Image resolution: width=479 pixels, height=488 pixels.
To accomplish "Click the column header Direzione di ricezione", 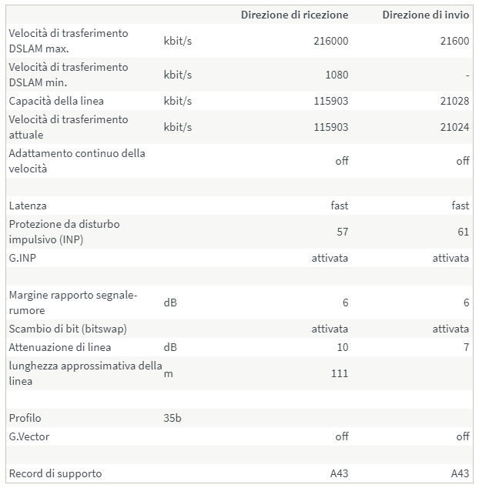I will (294, 15).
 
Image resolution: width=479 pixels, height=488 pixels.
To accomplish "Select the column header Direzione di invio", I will (425, 15).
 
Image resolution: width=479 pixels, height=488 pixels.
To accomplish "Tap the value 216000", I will (331, 41).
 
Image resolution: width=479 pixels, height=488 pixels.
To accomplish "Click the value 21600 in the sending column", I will (454, 41).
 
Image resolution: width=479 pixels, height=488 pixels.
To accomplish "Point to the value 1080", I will (337, 75).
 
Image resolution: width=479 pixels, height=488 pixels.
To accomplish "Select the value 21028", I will (454, 101).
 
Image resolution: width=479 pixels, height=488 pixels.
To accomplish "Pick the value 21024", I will (454, 127).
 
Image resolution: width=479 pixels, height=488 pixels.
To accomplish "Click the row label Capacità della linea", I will (56, 101).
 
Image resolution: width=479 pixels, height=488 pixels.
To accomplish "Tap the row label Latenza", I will (28, 206).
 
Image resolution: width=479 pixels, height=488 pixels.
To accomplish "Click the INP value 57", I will (342, 232).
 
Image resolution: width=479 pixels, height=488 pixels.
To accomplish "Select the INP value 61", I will (463, 232).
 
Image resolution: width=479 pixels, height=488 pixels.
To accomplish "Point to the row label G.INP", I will (22, 258).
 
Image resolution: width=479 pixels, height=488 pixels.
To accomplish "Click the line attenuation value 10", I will (342, 347).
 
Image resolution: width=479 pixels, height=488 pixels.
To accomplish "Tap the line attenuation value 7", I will (466, 347).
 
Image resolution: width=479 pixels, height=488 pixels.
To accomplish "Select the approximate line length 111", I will (339, 373).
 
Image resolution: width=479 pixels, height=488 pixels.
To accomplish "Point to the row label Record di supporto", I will (55, 473).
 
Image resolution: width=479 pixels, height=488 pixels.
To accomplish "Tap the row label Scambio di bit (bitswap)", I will (68, 329).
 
